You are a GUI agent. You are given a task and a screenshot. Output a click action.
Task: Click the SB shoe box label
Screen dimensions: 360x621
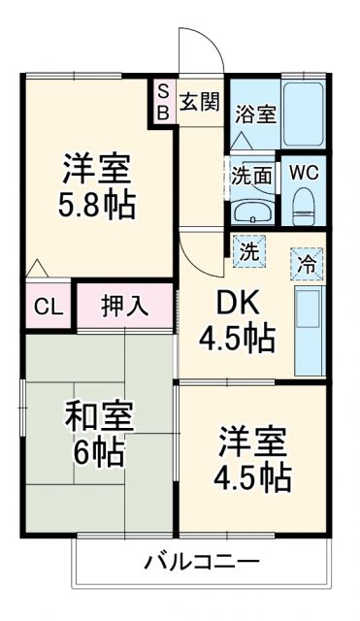point(163,101)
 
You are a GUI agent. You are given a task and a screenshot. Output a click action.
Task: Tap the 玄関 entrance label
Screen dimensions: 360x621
point(201,102)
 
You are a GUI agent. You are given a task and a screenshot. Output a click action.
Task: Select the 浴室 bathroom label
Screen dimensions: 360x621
point(255,114)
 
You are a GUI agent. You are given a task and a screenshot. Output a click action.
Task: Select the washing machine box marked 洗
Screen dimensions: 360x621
point(249,251)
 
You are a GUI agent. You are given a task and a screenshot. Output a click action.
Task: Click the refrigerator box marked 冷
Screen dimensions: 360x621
point(307,262)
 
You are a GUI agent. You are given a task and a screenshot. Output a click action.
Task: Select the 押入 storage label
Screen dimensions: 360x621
point(125,308)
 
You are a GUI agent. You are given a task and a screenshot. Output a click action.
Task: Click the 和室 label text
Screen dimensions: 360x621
point(99,418)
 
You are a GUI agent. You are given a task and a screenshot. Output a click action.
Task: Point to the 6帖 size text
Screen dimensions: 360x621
point(99,453)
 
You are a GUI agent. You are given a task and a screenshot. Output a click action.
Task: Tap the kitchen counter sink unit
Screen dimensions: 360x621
point(310,320)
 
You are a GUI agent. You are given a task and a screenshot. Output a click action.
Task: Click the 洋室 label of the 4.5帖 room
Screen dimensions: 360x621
point(251,441)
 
